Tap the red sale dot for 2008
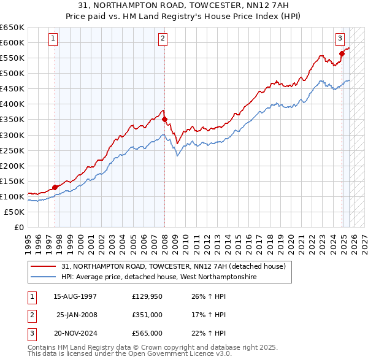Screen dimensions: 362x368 pyautogui.click(x=165, y=119)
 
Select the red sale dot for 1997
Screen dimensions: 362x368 pyautogui.click(x=55, y=187)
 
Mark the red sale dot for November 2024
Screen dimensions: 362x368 pyautogui.click(x=342, y=53)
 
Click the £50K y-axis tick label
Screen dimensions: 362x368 pyautogui.click(x=14, y=212)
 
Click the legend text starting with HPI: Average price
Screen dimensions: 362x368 pyautogui.click(x=159, y=277)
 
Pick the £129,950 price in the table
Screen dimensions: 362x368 pyautogui.click(x=147, y=296)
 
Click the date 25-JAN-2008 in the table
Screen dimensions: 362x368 pyautogui.click(x=77, y=315)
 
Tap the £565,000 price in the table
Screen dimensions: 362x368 pyautogui.click(x=147, y=333)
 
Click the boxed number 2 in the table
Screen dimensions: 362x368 pyautogui.click(x=30, y=315)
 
